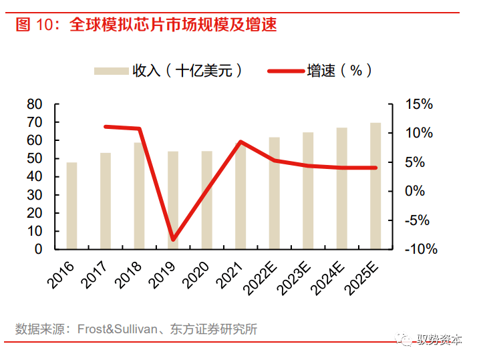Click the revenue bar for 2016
[x=71, y=205]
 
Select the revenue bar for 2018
[x=139, y=195]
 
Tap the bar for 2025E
[x=375, y=186]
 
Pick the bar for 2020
[x=207, y=200]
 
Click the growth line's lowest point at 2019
[x=173, y=239]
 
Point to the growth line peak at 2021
[x=241, y=142]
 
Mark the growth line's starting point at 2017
[x=106, y=126]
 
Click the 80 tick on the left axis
[x=34, y=104]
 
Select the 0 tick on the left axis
[x=38, y=249]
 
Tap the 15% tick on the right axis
[x=419, y=104]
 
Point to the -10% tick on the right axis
[x=420, y=249]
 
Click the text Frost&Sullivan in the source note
[x=117, y=329]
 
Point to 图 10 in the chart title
[x=32, y=25]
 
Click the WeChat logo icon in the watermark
[x=407, y=340]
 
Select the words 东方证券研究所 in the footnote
[x=210, y=329]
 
